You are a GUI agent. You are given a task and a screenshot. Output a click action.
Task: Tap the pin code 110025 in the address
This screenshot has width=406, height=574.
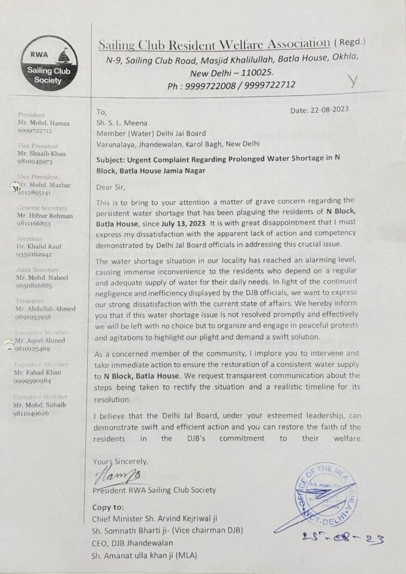click(256, 73)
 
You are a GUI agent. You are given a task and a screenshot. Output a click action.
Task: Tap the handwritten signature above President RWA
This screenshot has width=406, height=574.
click(116, 478)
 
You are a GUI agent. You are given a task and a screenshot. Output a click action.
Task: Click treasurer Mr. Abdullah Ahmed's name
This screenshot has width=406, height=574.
click(47, 308)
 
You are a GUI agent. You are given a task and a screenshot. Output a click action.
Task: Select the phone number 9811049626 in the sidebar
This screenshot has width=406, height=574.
click(31, 413)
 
